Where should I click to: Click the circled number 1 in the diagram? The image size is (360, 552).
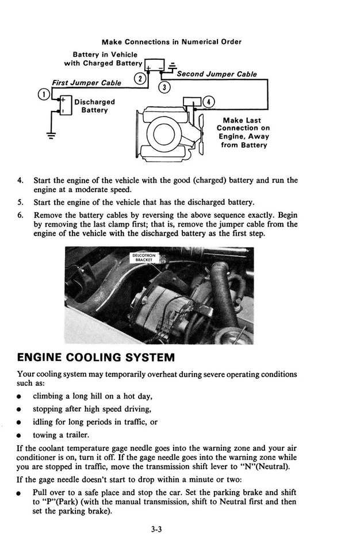[x=41, y=94]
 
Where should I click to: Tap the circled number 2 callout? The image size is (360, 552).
[x=138, y=78]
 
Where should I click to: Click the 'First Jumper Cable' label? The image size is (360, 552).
[x=86, y=83]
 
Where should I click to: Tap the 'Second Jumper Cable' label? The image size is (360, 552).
[x=216, y=74]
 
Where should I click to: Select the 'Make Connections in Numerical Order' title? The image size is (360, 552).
[x=171, y=41]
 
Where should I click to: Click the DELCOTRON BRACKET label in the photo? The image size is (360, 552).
[x=144, y=257]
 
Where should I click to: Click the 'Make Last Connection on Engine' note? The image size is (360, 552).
[x=244, y=133]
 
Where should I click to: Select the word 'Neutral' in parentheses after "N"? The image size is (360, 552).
[x=271, y=466]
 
